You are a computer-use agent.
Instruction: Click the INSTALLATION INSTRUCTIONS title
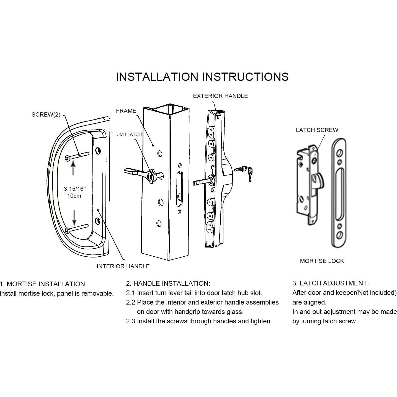tap(202, 77)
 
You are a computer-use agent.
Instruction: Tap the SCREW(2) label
tap(46, 115)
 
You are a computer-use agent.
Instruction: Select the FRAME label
tap(126, 111)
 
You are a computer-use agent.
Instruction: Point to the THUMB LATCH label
tap(126, 134)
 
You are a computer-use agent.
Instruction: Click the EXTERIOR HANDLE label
tap(220, 96)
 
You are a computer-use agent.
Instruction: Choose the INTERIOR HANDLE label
tap(123, 266)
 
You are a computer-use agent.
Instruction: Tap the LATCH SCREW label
tap(317, 130)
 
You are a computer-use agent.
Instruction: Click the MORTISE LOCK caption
tap(322, 261)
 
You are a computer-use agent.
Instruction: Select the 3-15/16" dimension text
tap(74, 189)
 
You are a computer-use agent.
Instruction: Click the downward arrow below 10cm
tap(74, 218)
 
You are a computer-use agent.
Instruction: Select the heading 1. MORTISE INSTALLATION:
tap(43, 284)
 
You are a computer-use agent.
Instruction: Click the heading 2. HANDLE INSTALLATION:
tap(168, 283)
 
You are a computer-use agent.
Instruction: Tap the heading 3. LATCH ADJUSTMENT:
tap(330, 283)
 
